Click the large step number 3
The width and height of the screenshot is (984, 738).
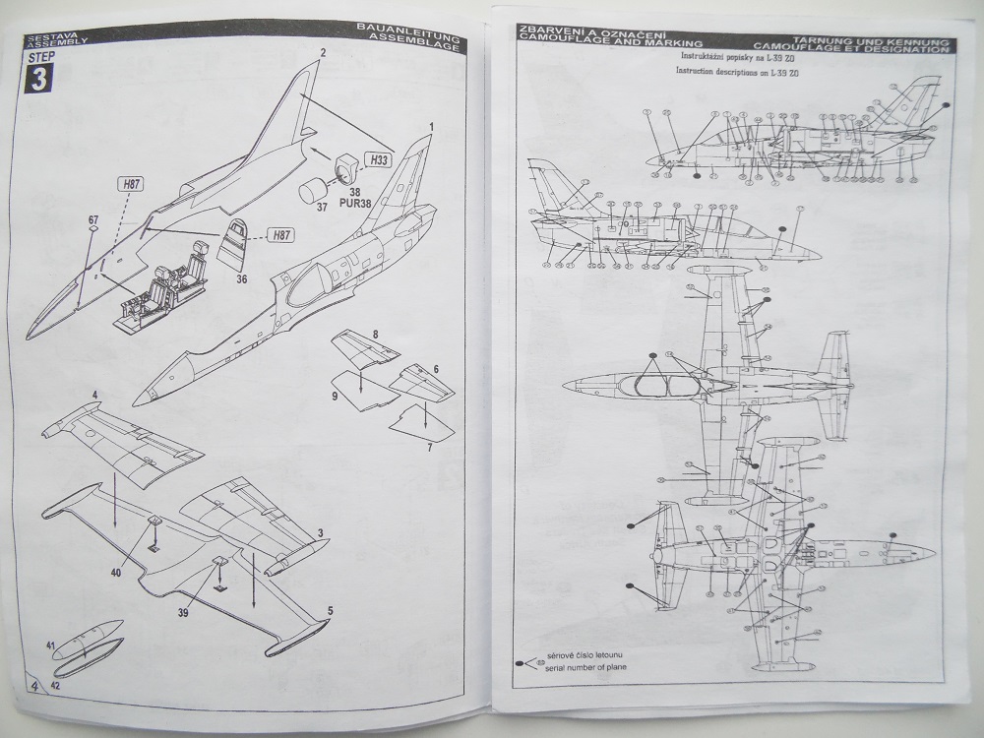coord(36,78)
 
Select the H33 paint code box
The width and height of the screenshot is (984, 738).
coord(379,159)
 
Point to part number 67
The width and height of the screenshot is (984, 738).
coord(92,219)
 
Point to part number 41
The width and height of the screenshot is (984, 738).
coord(50,646)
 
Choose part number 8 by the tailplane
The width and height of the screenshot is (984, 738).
coord(375,337)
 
